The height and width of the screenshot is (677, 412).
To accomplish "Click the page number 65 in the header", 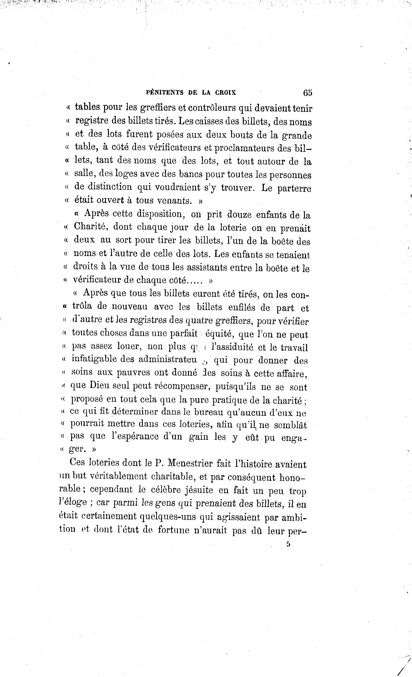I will (x=307, y=93).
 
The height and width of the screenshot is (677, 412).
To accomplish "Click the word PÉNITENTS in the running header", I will (x=164, y=93).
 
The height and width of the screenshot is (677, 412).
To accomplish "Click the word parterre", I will (x=294, y=188).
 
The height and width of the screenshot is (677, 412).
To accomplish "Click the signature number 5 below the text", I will (x=288, y=544).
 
